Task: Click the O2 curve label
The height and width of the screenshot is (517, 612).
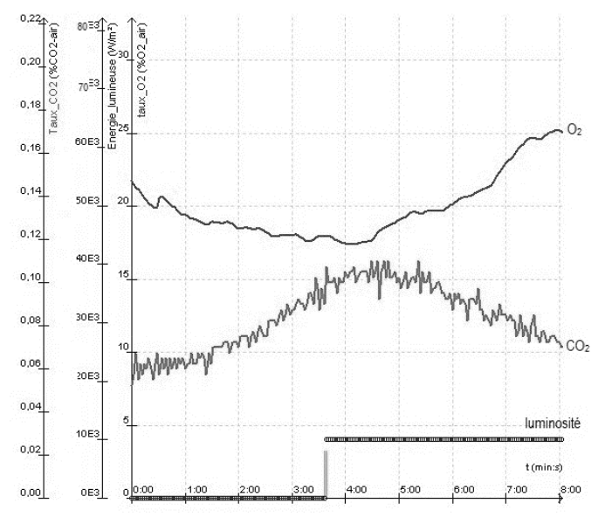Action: tap(574, 130)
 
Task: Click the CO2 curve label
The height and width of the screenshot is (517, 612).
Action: tap(577, 347)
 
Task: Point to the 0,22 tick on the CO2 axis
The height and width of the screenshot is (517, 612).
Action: tap(29, 18)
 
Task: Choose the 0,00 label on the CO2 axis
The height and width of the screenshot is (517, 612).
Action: tap(29, 493)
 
